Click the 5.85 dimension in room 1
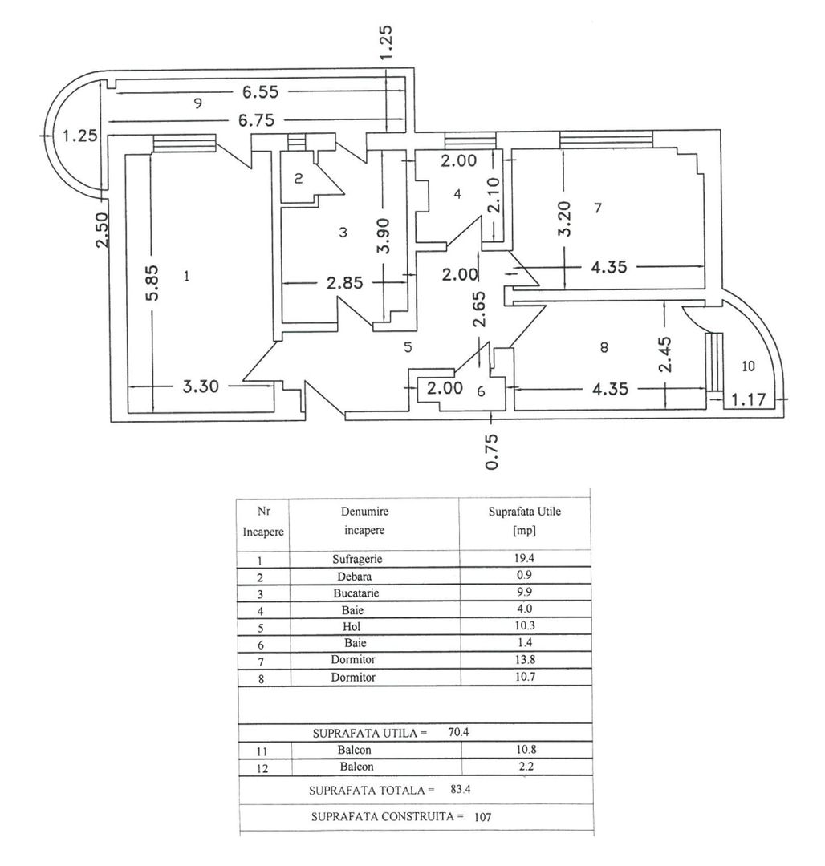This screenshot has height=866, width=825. coord(152,283)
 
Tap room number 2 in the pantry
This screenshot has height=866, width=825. coord(298,179)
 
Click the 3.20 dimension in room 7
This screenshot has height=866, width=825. coord(565,217)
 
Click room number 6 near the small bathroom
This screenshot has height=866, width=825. coord(481,391)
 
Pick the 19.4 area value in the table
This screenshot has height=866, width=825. coord(524,559)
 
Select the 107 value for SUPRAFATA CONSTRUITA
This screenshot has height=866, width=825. coord(482,816)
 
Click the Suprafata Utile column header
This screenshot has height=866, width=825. coord(524,512)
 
